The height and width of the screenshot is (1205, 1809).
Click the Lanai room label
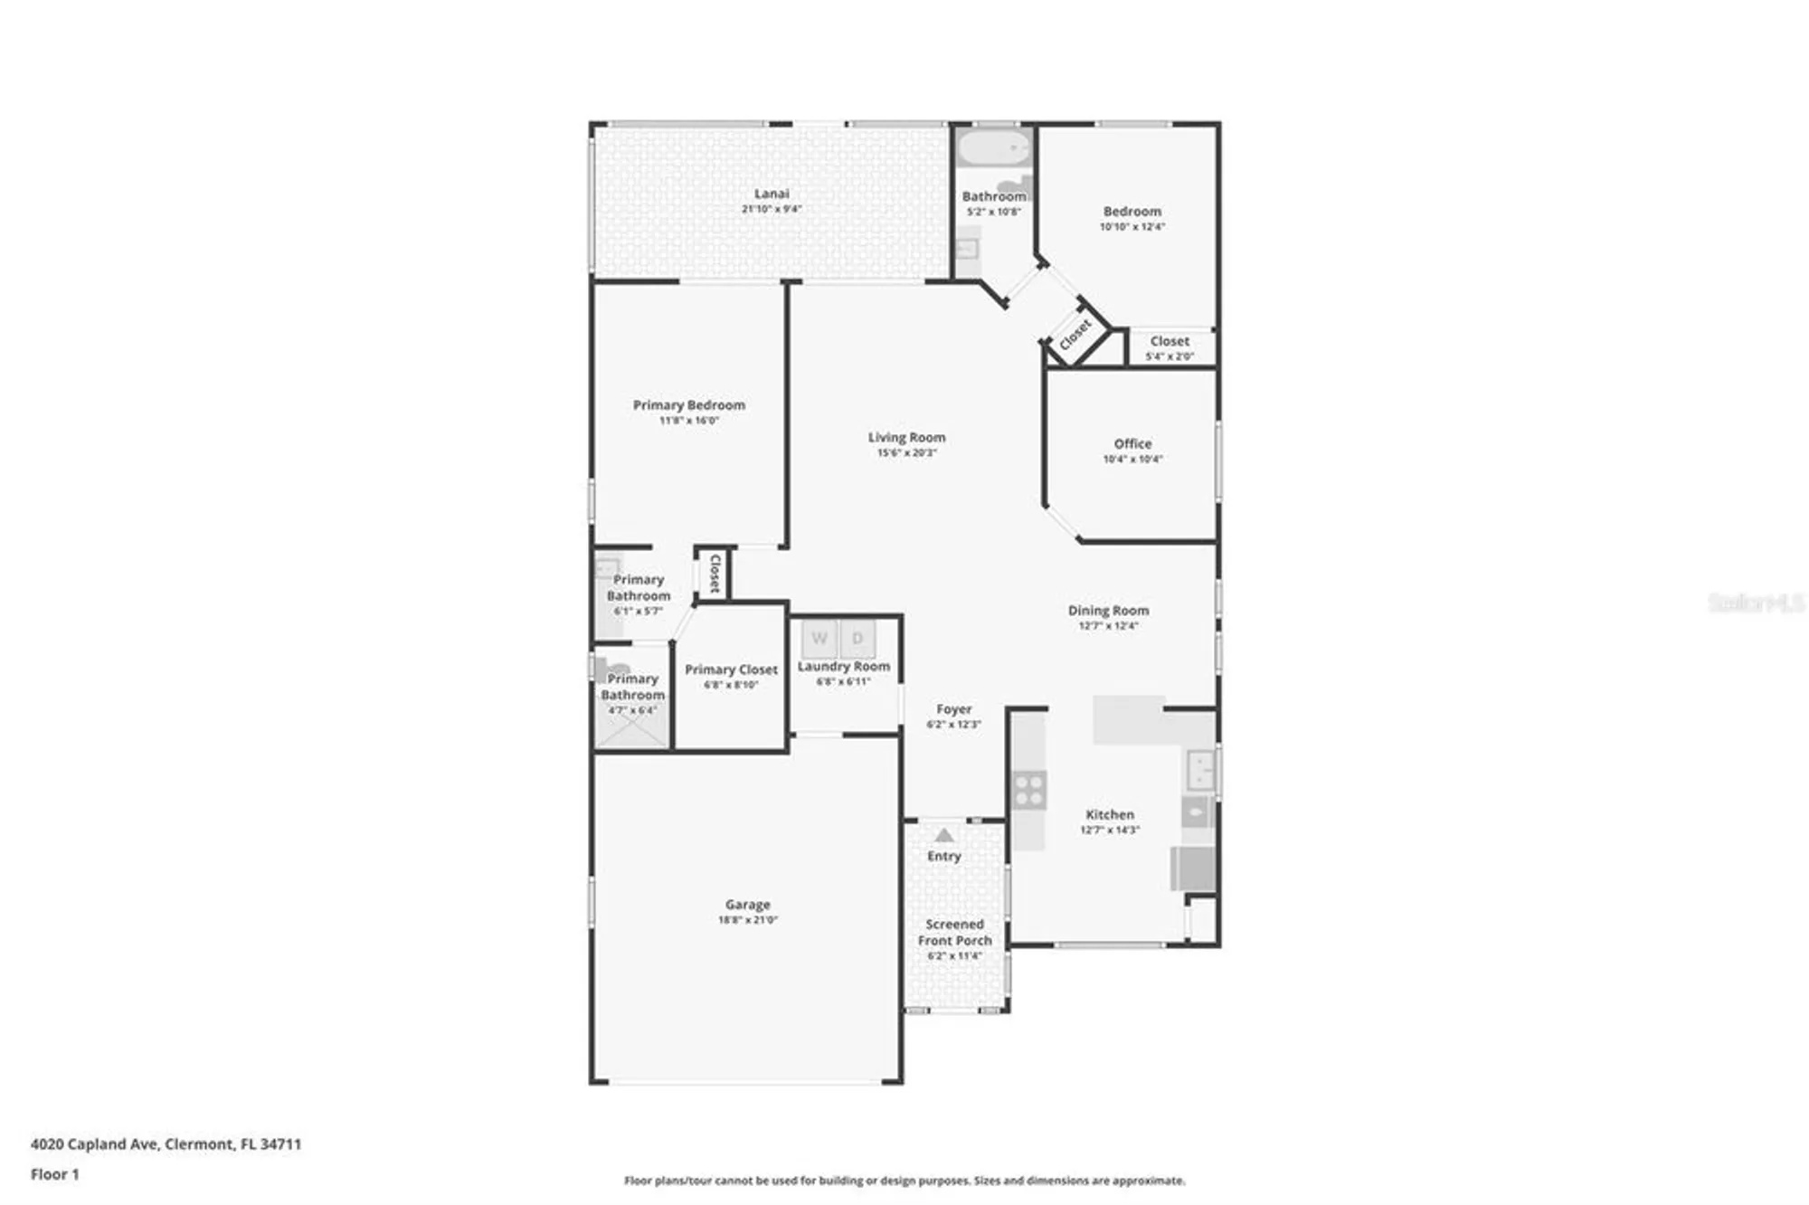coord(772,194)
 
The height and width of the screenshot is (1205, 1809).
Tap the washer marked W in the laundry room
coord(819,639)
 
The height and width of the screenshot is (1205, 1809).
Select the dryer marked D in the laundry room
coord(857,639)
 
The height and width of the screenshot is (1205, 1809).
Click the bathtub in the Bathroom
coord(993,147)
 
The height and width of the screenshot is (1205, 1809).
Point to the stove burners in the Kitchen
coord(1029,790)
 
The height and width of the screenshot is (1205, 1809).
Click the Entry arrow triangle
coord(944,835)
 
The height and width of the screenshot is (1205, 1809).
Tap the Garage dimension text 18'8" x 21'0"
coord(747,920)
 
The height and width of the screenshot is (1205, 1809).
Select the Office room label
coord(1132,443)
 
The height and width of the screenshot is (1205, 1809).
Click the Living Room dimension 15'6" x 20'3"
coord(906,452)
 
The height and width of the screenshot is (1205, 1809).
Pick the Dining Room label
coord(1108,611)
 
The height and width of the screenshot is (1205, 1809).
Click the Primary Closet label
coord(731,669)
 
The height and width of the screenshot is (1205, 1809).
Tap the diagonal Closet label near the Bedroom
coord(1075,335)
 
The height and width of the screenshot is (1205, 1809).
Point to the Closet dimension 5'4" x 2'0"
coord(1170,356)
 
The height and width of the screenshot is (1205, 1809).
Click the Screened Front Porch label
coord(954,933)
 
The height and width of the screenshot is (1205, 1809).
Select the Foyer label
coord(953,709)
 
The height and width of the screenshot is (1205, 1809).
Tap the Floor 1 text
coord(55,1174)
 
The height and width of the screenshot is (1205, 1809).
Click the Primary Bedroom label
coord(688,405)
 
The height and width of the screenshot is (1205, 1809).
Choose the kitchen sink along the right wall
coord(1201,770)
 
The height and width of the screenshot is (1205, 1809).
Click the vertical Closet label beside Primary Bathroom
coord(715,574)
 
